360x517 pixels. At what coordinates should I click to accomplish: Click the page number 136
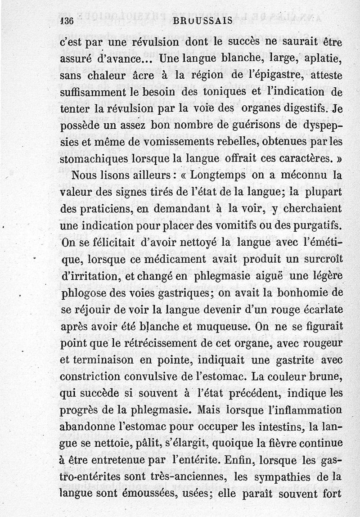pos(67,20)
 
